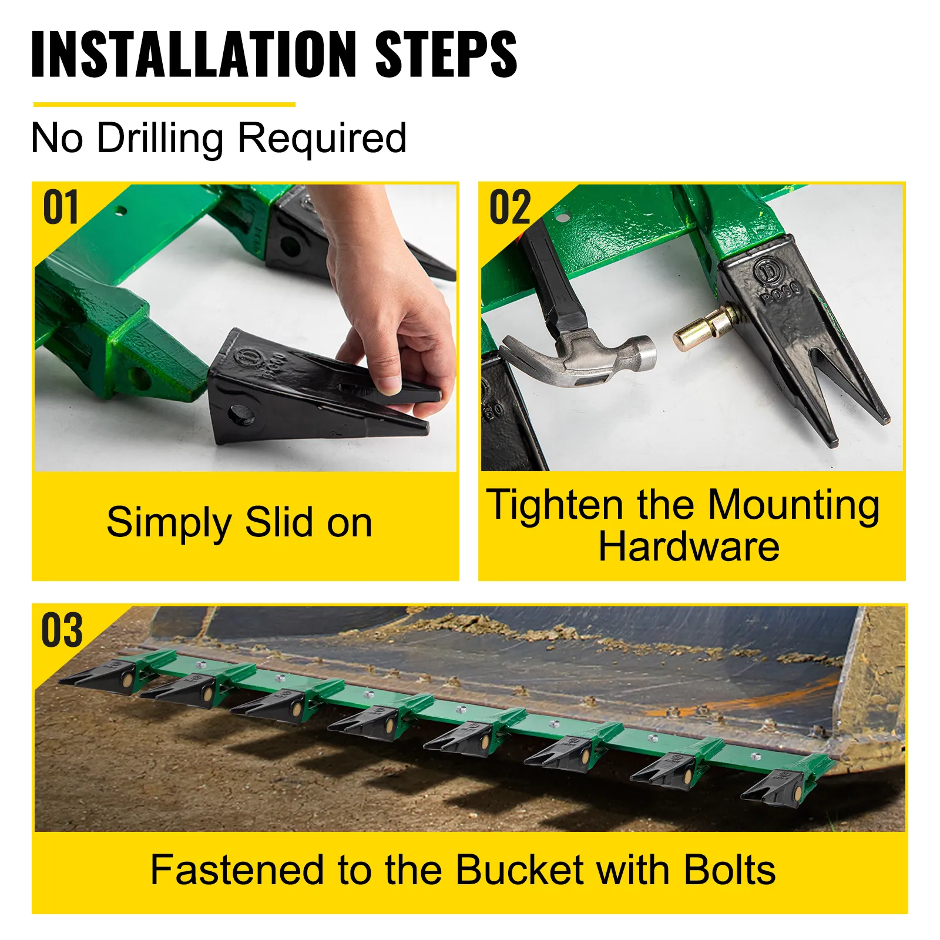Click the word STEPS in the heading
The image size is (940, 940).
tap(446, 54)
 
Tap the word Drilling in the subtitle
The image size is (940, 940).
tap(160, 139)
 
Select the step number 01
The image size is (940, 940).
tap(61, 208)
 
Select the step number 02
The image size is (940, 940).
tap(510, 208)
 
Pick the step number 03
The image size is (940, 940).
tap(62, 630)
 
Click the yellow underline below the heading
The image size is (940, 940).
tap(164, 105)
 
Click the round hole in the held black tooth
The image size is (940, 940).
tap(241, 415)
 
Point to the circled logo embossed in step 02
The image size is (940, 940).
tap(767, 271)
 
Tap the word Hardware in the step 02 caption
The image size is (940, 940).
tap(689, 547)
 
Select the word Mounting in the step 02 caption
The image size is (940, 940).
tap(793, 505)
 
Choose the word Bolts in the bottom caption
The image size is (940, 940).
tap(729, 870)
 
